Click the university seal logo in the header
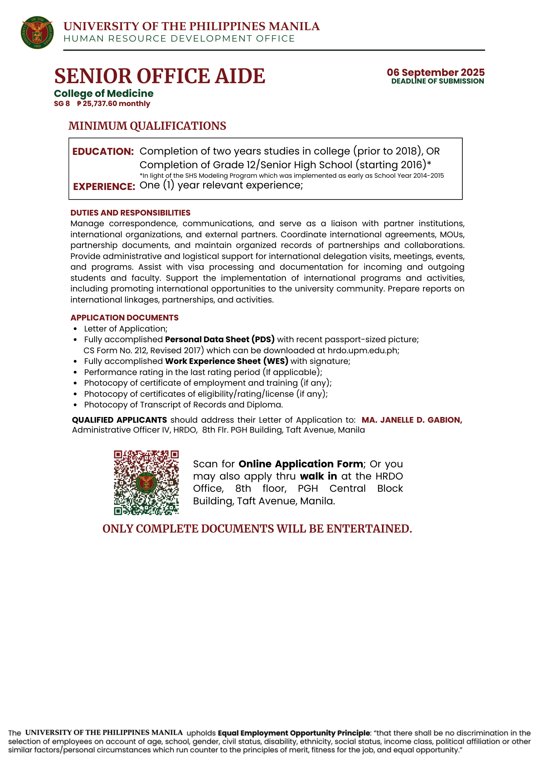[37, 32]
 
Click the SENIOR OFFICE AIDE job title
[160, 76]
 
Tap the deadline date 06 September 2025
[436, 72]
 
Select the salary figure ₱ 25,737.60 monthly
[114, 104]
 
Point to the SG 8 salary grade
[62, 104]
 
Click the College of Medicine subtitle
[104, 93]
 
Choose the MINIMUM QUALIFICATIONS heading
[147, 126]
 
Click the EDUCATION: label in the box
[103, 151]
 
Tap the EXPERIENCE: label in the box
[104, 187]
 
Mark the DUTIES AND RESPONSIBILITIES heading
[130, 213]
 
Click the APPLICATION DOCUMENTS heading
[124, 318]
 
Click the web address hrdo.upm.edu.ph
[363, 350]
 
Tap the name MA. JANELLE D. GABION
[412, 420]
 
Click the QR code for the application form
[146, 483]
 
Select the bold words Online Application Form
[301, 464]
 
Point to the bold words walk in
[318, 476]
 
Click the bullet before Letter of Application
[75, 329]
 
